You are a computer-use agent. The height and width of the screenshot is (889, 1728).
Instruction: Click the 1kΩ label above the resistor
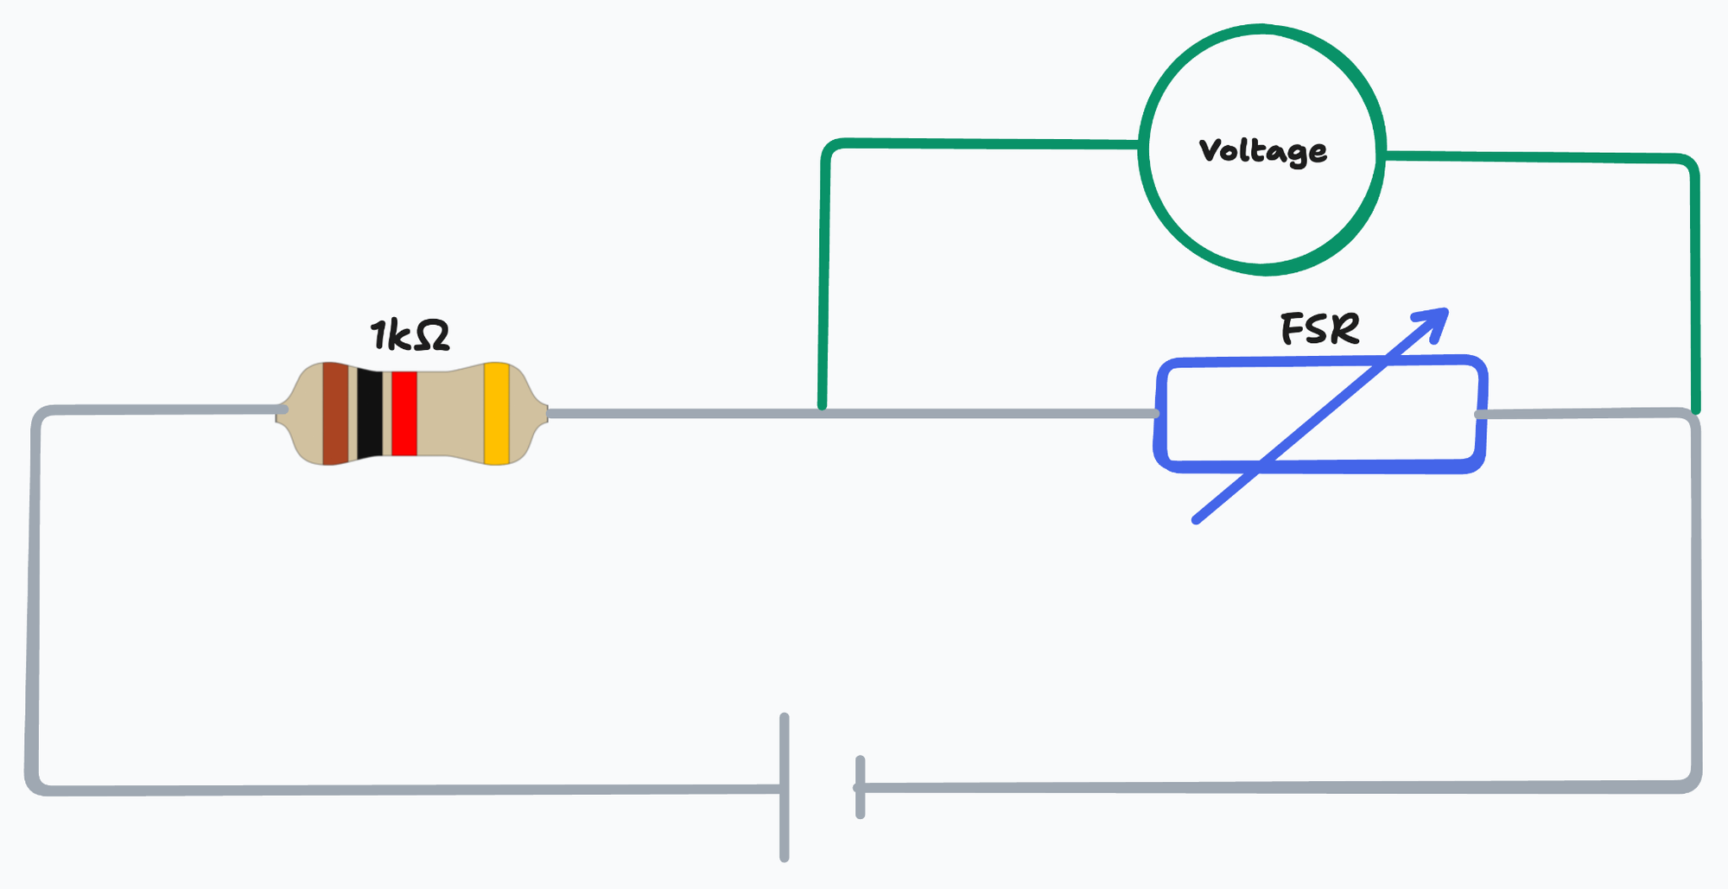410,335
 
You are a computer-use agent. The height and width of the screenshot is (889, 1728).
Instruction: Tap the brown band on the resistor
335,414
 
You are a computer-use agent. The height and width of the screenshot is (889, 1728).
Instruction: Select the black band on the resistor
370,414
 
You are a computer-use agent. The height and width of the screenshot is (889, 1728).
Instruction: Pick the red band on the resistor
404,414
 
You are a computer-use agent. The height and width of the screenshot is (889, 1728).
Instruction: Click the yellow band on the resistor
496,414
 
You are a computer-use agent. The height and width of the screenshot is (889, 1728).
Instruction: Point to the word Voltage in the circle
1262,151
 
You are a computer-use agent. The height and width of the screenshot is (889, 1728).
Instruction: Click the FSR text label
1319,329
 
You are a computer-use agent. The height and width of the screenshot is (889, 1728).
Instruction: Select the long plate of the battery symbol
785,787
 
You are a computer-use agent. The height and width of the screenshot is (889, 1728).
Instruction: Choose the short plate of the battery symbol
860,787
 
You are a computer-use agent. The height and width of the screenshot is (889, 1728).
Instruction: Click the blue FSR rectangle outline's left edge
1161,415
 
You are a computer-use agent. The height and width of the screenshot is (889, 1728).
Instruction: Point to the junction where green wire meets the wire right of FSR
1695,411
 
